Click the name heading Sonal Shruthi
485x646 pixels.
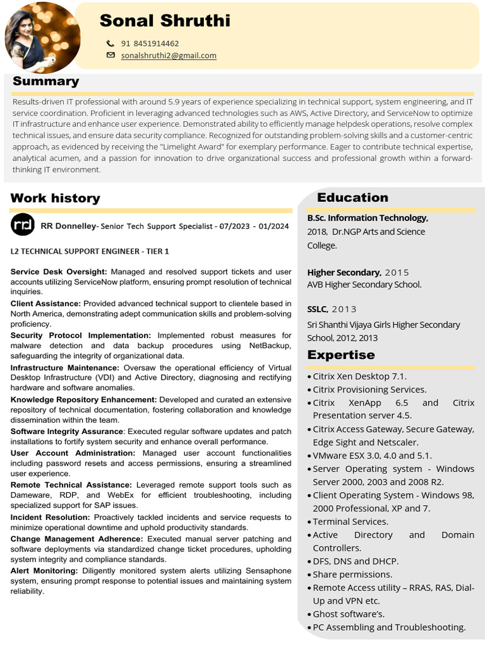point(165,21)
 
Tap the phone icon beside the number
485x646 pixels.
point(111,44)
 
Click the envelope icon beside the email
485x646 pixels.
point(111,56)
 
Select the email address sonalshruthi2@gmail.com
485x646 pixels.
point(169,56)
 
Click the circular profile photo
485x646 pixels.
point(42,36)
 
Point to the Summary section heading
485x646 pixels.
point(45,81)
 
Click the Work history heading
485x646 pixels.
point(55,198)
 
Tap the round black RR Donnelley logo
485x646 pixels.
point(23,225)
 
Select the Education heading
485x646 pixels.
point(352,197)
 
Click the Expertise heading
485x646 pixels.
point(341,355)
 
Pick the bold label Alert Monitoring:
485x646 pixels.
point(44,571)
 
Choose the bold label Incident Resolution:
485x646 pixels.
point(50,517)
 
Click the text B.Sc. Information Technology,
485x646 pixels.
point(368,218)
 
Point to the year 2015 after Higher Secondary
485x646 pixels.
point(397,273)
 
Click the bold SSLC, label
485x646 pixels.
point(318,309)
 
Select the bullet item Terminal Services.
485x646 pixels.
point(350,521)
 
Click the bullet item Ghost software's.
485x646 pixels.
point(349,614)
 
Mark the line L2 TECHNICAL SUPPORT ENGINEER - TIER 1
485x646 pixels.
point(90,251)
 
